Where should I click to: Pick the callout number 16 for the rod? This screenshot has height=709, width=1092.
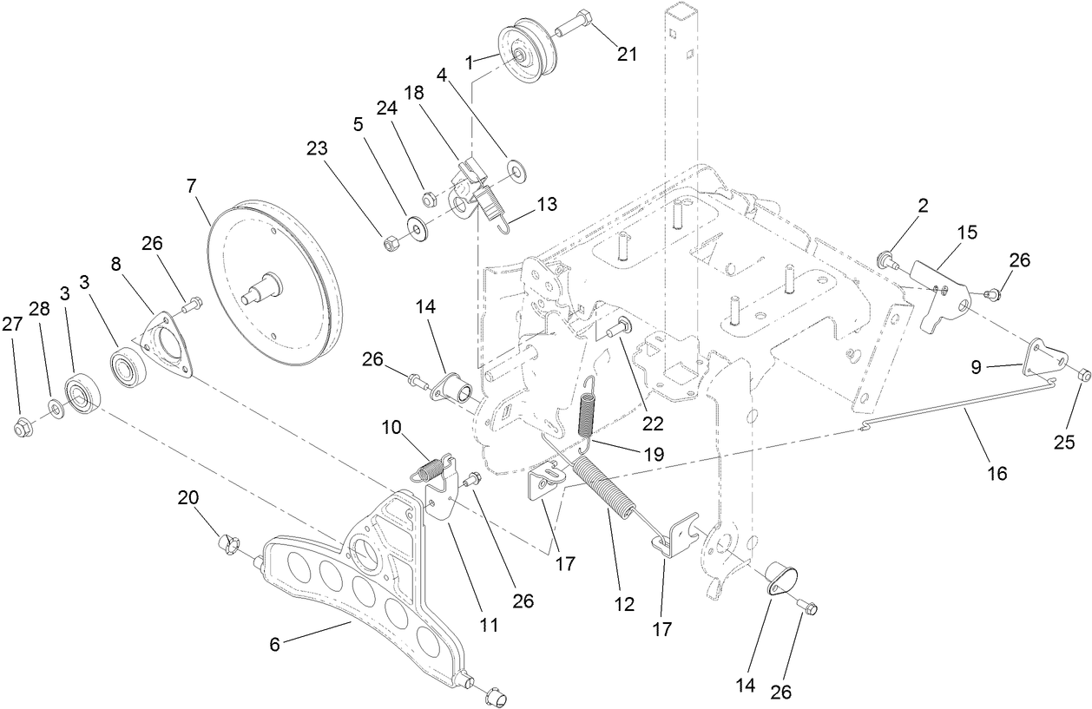[997, 473]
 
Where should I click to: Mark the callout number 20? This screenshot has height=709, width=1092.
[188, 497]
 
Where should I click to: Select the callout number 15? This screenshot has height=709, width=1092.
[966, 233]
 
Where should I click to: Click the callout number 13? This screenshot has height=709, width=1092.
[547, 204]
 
